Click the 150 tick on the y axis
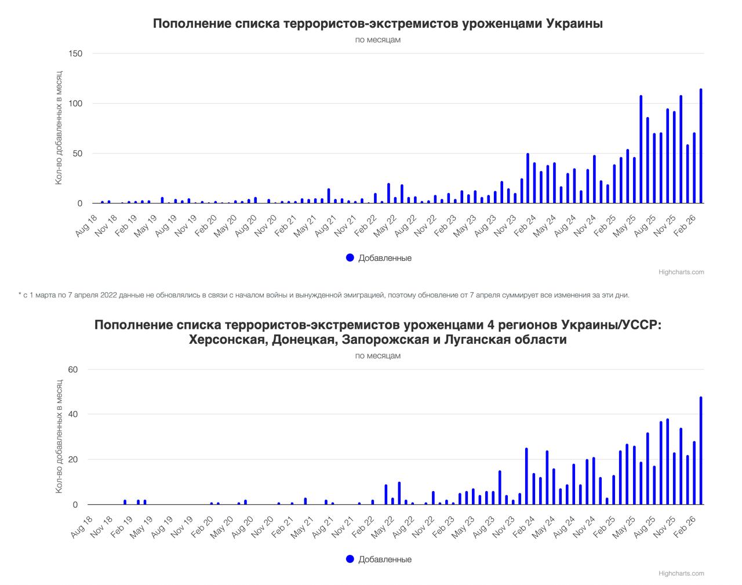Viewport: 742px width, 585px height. [x=76, y=54]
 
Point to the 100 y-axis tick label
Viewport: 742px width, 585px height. [x=76, y=104]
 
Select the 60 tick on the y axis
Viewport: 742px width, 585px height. [x=73, y=369]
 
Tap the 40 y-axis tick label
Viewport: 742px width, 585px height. [x=73, y=415]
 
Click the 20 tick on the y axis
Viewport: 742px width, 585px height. [x=73, y=460]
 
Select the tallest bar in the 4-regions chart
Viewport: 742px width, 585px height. [x=701, y=451]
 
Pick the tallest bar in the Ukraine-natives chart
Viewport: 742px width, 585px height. [x=701, y=146]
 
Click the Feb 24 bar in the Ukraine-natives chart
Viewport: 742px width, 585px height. [x=528, y=179]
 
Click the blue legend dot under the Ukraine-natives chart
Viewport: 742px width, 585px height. [x=350, y=257]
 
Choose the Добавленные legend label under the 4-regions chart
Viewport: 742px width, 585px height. [x=385, y=559]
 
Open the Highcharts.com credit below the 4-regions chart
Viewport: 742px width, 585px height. [x=681, y=573]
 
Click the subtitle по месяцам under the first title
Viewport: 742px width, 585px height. [x=378, y=40]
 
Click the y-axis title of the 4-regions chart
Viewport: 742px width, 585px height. [x=59, y=437]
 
